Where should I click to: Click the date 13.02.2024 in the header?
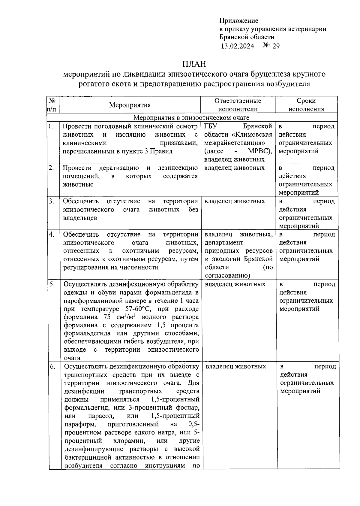pyautogui.click(x=237, y=46)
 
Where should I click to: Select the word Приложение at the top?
pyautogui.click(x=239, y=21)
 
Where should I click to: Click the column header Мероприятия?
pyautogui.click(x=130, y=105)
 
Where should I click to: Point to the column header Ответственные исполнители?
pyautogui.click(x=238, y=105)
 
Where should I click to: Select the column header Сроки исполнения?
pyautogui.click(x=306, y=105)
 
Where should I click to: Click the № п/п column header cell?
pyautogui.click(x=52, y=105)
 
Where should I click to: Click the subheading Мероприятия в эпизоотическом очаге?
pyautogui.click(x=191, y=117)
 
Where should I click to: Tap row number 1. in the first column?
pyautogui.click(x=51, y=126)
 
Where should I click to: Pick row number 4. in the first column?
pyautogui.click(x=52, y=235)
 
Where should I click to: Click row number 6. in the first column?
pyautogui.click(x=52, y=367)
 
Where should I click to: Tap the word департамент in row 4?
pyautogui.click(x=224, y=242)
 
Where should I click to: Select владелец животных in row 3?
pyautogui.click(x=235, y=201)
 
